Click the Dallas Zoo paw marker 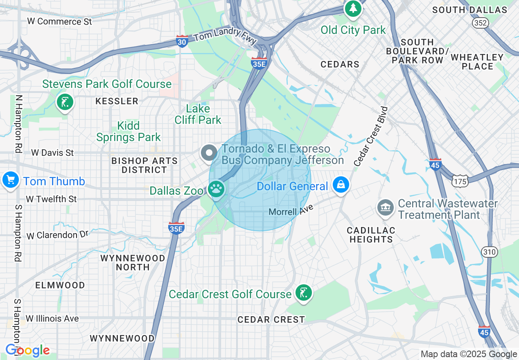[x=217, y=189]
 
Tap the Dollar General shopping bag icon [x=341, y=185]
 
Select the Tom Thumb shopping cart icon [x=10, y=180]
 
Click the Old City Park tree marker [x=353, y=8]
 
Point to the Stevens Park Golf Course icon [x=65, y=101]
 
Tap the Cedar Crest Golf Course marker [x=303, y=293]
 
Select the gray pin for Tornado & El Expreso [x=209, y=153]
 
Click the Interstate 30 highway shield [x=182, y=41]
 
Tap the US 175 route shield [x=460, y=180]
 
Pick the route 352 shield [x=480, y=23]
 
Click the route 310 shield [x=490, y=252]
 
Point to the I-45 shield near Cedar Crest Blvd [x=436, y=164]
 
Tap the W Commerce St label [x=60, y=21]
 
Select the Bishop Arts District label [x=144, y=165]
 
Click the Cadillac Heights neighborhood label [x=371, y=235]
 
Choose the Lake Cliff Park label [x=198, y=114]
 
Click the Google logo [x=27, y=351]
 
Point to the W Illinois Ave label [x=52, y=318]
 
